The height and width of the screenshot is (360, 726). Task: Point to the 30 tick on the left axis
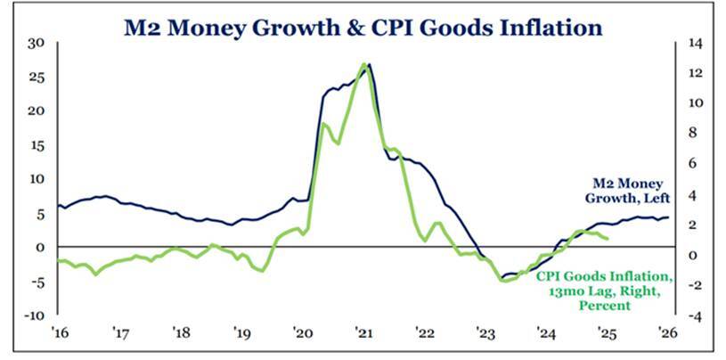click(x=36, y=43)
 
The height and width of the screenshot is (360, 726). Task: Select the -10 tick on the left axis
click(x=34, y=315)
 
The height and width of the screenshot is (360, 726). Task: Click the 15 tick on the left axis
click(x=36, y=144)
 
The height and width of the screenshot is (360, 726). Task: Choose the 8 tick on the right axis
click(x=691, y=134)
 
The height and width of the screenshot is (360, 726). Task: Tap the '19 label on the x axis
click(x=242, y=334)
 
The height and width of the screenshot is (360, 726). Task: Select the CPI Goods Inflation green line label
click(x=604, y=290)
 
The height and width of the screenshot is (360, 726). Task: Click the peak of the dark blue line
click(x=370, y=64)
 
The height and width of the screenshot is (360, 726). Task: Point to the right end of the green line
click(x=608, y=238)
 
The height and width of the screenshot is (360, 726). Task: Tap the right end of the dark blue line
click(x=670, y=217)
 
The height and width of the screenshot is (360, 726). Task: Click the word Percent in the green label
click(x=605, y=306)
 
